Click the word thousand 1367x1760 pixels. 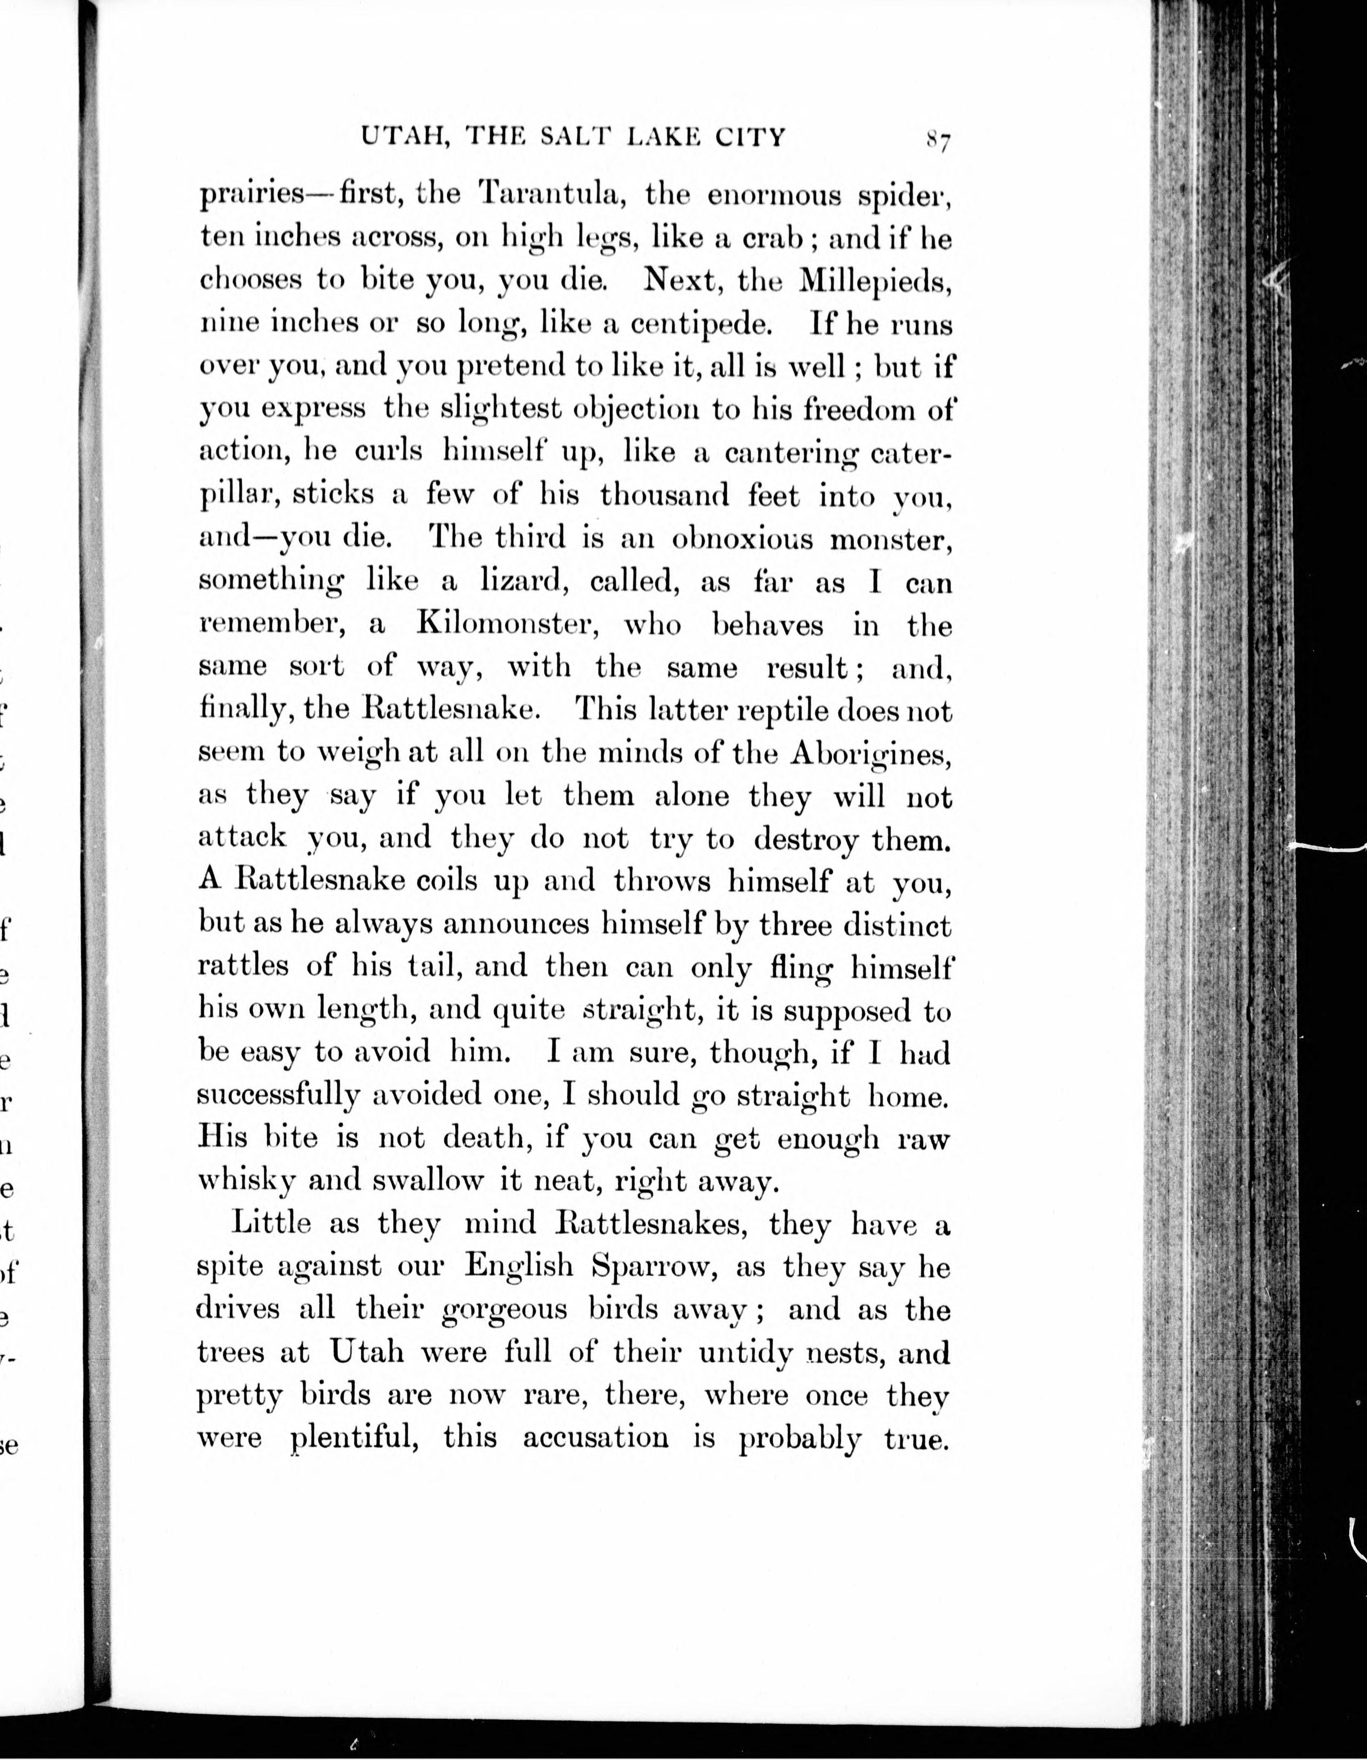click(x=663, y=495)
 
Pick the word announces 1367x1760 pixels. click(x=514, y=924)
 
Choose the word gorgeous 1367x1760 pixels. click(x=506, y=1310)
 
